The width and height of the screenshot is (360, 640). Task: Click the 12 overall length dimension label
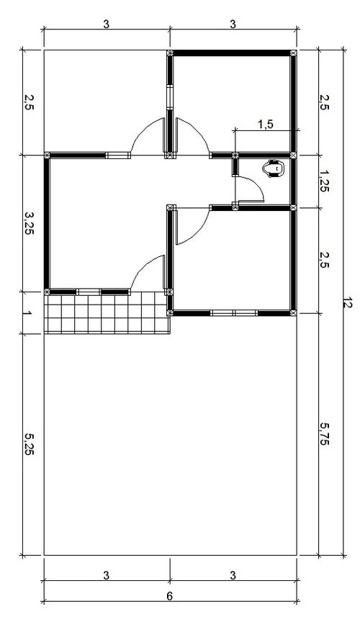pyautogui.click(x=347, y=303)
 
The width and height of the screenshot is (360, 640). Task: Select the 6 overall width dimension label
pyautogui.click(x=169, y=595)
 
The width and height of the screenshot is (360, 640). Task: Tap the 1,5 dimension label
pyautogui.click(x=266, y=125)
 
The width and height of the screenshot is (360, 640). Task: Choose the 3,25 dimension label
pyautogui.click(x=29, y=223)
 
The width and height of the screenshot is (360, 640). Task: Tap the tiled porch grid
pyautogui.click(x=107, y=313)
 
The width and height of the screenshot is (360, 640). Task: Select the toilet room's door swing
pyautogui.click(x=249, y=189)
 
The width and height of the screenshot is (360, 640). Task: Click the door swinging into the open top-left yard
pyautogui.click(x=148, y=136)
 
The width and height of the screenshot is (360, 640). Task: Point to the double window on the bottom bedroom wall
pyautogui.click(x=234, y=313)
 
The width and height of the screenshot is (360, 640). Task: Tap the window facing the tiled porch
pyautogui.click(x=89, y=292)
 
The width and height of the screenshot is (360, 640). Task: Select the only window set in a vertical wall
pyautogui.click(x=170, y=96)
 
